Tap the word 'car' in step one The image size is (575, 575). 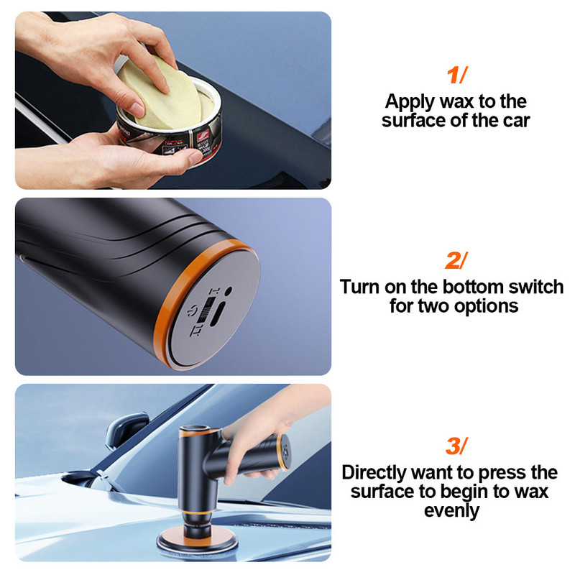517,121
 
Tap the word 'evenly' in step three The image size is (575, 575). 451,511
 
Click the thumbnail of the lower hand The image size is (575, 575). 195,157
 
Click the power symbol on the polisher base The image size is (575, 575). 190,312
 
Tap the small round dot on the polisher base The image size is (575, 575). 228,291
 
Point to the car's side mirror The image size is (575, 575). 126,430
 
